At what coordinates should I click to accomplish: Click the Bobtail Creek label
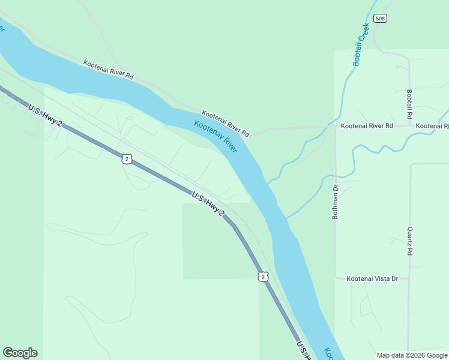coord(360,44)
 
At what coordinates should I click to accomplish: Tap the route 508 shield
coord(379,18)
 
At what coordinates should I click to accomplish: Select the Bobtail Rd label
coord(409,104)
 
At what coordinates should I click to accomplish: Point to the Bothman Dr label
coord(336,202)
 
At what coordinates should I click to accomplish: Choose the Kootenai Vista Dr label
coord(373,278)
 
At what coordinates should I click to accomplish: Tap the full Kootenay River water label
coord(215,137)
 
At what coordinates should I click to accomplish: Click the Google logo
coord(20,353)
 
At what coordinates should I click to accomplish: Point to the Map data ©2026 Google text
coord(412,355)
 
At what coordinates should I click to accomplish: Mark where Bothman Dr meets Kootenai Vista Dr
coord(336,278)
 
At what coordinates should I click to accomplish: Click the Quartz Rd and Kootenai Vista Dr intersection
coord(409,278)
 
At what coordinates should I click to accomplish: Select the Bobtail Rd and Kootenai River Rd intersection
coord(409,126)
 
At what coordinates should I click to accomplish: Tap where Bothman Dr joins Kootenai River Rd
coord(335,127)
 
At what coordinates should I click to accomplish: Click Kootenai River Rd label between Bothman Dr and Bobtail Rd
coord(366,126)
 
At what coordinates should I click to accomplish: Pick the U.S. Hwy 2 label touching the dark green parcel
coord(208,205)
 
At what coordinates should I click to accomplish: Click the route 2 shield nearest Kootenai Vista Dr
coord(264,276)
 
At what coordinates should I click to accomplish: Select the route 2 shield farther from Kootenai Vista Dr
coord(125,158)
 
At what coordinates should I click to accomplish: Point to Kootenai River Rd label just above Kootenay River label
coord(225,122)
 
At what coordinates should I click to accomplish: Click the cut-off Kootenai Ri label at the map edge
coord(432,126)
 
